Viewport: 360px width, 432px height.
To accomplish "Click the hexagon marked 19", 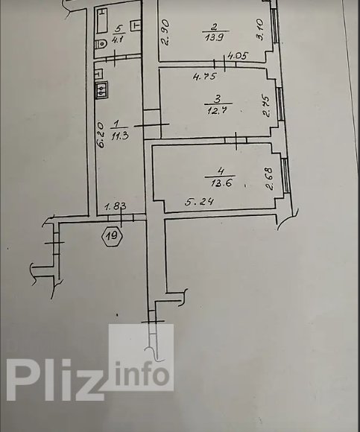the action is [x=113, y=236].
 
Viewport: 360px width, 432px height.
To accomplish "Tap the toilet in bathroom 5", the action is [x=101, y=45].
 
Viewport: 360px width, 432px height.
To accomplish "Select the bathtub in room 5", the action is [x=101, y=20].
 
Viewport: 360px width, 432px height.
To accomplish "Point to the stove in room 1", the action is [x=102, y=90].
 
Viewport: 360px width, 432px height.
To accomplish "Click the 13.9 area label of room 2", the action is [x=214, y=37].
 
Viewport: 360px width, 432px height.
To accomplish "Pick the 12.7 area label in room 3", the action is [x=216, y=111].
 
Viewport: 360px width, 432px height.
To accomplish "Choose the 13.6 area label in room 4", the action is [x=221, y=183].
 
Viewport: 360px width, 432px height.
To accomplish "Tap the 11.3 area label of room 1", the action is [x=120, y=136].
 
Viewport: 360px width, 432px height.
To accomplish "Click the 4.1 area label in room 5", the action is [x=118, y=39].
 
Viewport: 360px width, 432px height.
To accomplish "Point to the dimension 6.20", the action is [x=101, y=135].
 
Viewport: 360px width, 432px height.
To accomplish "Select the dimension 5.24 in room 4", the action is [x=199, y=203].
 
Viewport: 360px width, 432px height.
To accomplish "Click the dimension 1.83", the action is [x=116, y=206].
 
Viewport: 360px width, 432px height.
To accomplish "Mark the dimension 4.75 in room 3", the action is [x=205, y=76].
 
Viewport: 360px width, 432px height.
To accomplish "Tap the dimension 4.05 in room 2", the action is [x=239, y=56].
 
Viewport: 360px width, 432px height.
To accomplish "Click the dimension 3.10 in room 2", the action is [x=260, y=30].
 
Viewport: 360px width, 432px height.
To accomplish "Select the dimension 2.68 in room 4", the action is [x=269, y=179].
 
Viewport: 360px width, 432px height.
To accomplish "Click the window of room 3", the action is [x=280, y=104].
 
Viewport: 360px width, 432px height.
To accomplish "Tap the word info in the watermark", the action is [x=142, y=373].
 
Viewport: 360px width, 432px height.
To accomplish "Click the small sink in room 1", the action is [x=98, y=74].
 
